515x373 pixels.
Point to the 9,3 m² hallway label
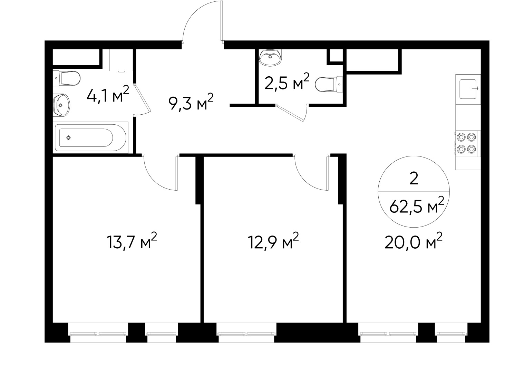pyautogui.click(x=191, y=103)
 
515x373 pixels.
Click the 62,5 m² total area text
pyautogui.click(x=416, y=207)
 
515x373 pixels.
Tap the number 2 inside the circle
pyautogui.click(x=414, y=179)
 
